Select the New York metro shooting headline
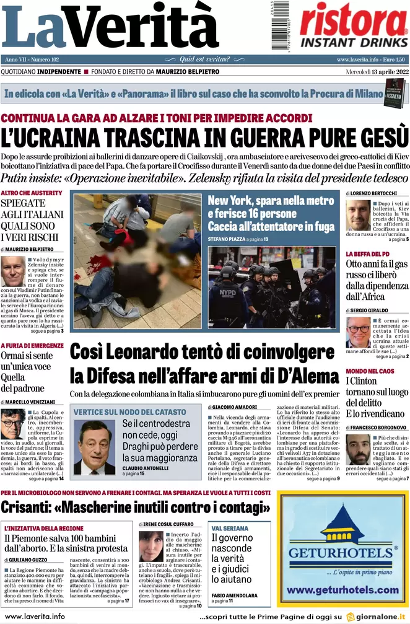click(x=271, y=214)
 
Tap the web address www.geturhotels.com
click(x=342, y=590)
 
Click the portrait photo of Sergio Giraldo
click(x=358, y=333)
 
